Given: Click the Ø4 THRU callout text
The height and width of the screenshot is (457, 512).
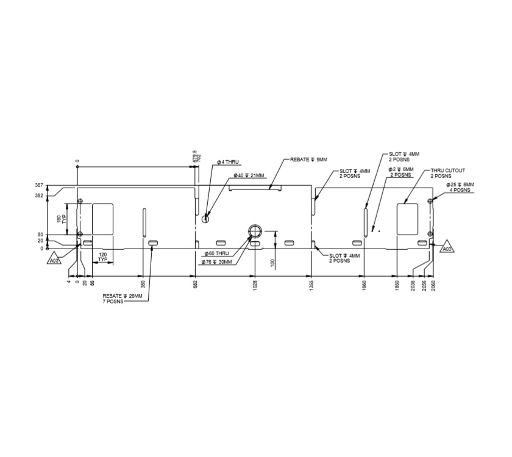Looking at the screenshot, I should pos(228,162).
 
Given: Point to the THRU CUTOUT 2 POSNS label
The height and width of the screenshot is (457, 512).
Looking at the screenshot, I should pos(448,174).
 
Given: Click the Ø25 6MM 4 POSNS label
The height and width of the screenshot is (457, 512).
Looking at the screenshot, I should pos(460,187).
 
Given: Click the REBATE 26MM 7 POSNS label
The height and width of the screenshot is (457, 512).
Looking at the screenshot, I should pos(122,299).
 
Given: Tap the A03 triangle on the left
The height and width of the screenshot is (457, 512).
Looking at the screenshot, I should pos(55,260).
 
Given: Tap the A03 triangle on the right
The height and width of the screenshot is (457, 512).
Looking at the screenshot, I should pos(447,249).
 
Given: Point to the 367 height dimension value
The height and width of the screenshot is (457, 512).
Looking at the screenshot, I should pos(39,185).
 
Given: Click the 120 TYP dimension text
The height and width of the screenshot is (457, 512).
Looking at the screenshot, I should pos(102,257).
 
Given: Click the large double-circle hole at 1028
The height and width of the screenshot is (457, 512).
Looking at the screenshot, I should pos(254,230).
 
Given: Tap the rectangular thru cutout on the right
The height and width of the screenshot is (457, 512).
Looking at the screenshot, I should pos(407,218).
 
